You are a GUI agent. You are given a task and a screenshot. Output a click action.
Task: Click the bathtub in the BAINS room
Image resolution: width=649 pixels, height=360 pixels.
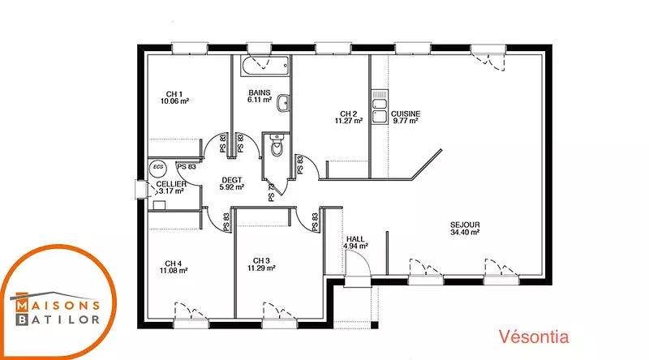point(265,66)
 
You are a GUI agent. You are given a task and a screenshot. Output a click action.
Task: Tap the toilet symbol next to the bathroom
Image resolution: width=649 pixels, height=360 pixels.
point(276,145)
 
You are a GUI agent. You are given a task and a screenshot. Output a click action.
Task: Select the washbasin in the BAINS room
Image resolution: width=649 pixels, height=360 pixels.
point(283,103)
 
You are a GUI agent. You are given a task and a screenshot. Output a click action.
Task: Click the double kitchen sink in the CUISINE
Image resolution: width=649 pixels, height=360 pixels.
point(380,107)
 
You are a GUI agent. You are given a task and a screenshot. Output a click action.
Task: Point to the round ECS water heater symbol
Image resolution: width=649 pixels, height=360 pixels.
point(158,167)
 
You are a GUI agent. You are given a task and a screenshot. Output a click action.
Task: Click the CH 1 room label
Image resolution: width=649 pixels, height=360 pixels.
point(174,94)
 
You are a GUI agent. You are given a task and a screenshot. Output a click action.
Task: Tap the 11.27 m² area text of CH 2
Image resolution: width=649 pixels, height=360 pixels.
point(349,121)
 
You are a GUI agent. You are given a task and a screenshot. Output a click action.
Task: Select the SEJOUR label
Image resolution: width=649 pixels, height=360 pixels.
point(465,225)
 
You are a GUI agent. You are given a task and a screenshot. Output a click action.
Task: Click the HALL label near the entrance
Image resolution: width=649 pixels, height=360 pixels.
point(355,238)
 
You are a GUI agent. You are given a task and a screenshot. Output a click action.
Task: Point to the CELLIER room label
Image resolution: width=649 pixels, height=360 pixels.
point(171,184)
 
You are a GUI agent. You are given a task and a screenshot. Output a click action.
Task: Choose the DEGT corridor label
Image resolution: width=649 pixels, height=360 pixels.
point(232,180)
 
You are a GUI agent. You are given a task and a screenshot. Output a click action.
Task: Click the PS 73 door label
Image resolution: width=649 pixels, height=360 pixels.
point(272,192)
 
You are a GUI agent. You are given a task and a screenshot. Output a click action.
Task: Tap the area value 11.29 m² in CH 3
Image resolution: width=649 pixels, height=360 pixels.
point(261,268)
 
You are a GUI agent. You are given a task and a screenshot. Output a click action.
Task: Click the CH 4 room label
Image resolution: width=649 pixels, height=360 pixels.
point(173,264)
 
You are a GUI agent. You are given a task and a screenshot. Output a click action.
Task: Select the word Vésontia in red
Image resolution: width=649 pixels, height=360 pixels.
point(534,336)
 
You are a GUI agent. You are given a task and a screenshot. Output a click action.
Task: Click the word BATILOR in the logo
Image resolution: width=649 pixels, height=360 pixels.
point(58,319)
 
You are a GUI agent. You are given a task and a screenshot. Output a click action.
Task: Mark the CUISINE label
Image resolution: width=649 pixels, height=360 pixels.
point(406,114)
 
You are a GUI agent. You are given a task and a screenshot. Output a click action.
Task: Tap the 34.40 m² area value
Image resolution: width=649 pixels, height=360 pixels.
point(465,233)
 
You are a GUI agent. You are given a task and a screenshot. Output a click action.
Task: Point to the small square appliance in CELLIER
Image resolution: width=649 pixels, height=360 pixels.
point(159,205)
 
